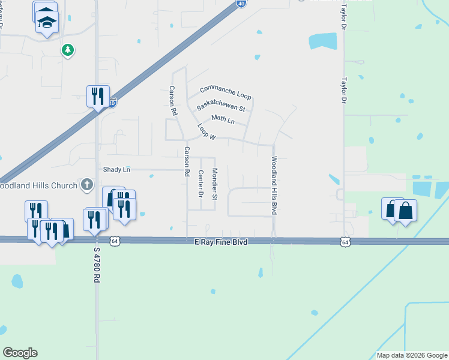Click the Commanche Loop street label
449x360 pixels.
point(225,92)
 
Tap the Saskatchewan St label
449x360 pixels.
point(221,105)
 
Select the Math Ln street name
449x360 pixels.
point(222,119)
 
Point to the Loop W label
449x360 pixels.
point(206,132)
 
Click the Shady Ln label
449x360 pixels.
point(116,170)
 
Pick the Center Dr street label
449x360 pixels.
point(200,184)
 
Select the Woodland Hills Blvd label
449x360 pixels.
point(274,186)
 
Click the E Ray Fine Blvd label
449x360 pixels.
point(221,241)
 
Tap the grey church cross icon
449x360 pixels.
point(87,184)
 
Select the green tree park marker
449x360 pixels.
point(67,50)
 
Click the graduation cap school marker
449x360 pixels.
point(46,22)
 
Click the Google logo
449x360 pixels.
point(20,353)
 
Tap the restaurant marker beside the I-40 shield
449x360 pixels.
point(98,95)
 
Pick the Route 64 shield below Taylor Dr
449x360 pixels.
point(345,241)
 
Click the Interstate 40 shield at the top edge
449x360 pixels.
point(241,3)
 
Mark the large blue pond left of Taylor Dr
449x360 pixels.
point(322,41)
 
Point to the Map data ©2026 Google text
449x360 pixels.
point(411,355)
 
